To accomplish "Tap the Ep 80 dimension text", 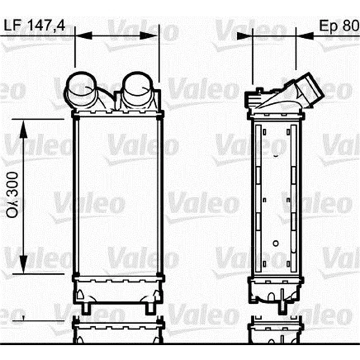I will [x=338, y=25].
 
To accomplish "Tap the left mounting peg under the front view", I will [x=86, y=308].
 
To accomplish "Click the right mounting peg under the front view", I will [x=150, y=308].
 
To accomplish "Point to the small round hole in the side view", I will [x=276, y=243].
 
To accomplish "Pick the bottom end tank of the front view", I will [x=118, y=290].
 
